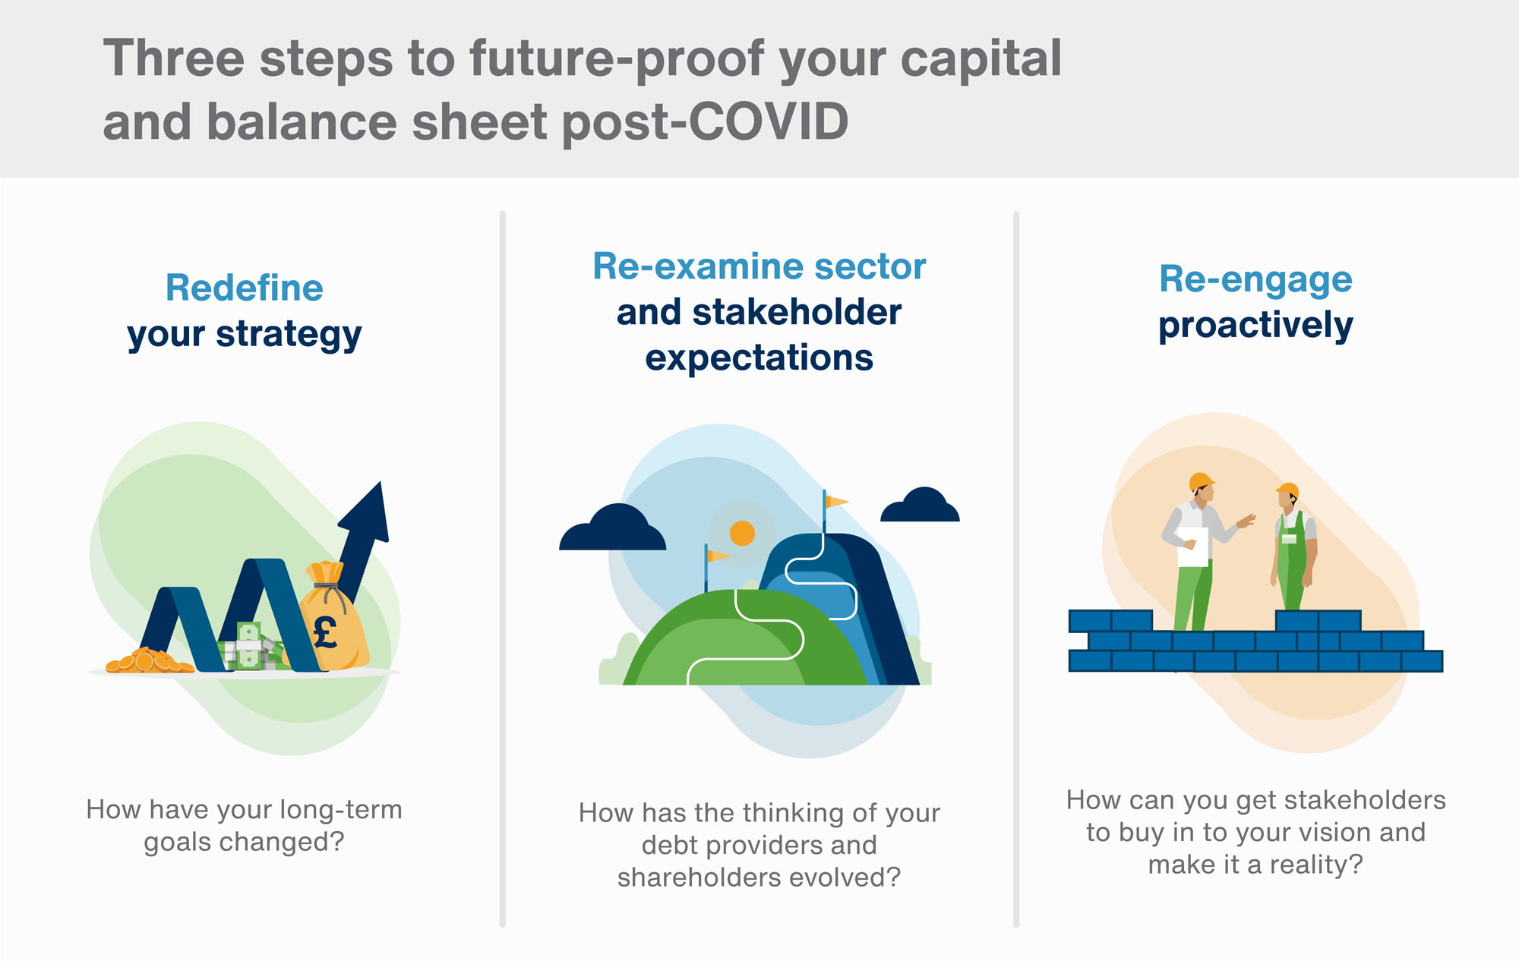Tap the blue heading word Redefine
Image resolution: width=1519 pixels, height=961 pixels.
tap(245, 288)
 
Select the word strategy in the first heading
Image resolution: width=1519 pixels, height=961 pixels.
tap(289, 335)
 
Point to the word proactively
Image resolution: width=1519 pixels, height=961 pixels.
tap(1255, 326)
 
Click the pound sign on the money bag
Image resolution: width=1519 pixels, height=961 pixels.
tap(325, 632)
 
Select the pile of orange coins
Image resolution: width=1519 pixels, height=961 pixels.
tap(149, 661)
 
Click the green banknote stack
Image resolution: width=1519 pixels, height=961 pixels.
tap(249, 647)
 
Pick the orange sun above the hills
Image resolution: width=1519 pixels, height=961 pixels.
tap(742, 533)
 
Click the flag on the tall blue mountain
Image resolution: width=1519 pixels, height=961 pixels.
tap(835, 502)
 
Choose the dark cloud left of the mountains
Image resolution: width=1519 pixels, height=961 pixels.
tap(612, 528)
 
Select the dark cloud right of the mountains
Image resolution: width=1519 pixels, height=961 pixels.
tap(921, 506)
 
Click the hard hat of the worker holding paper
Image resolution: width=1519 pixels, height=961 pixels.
tap(1201, 481)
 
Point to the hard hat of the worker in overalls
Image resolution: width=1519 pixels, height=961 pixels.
tap(1288, 490)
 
